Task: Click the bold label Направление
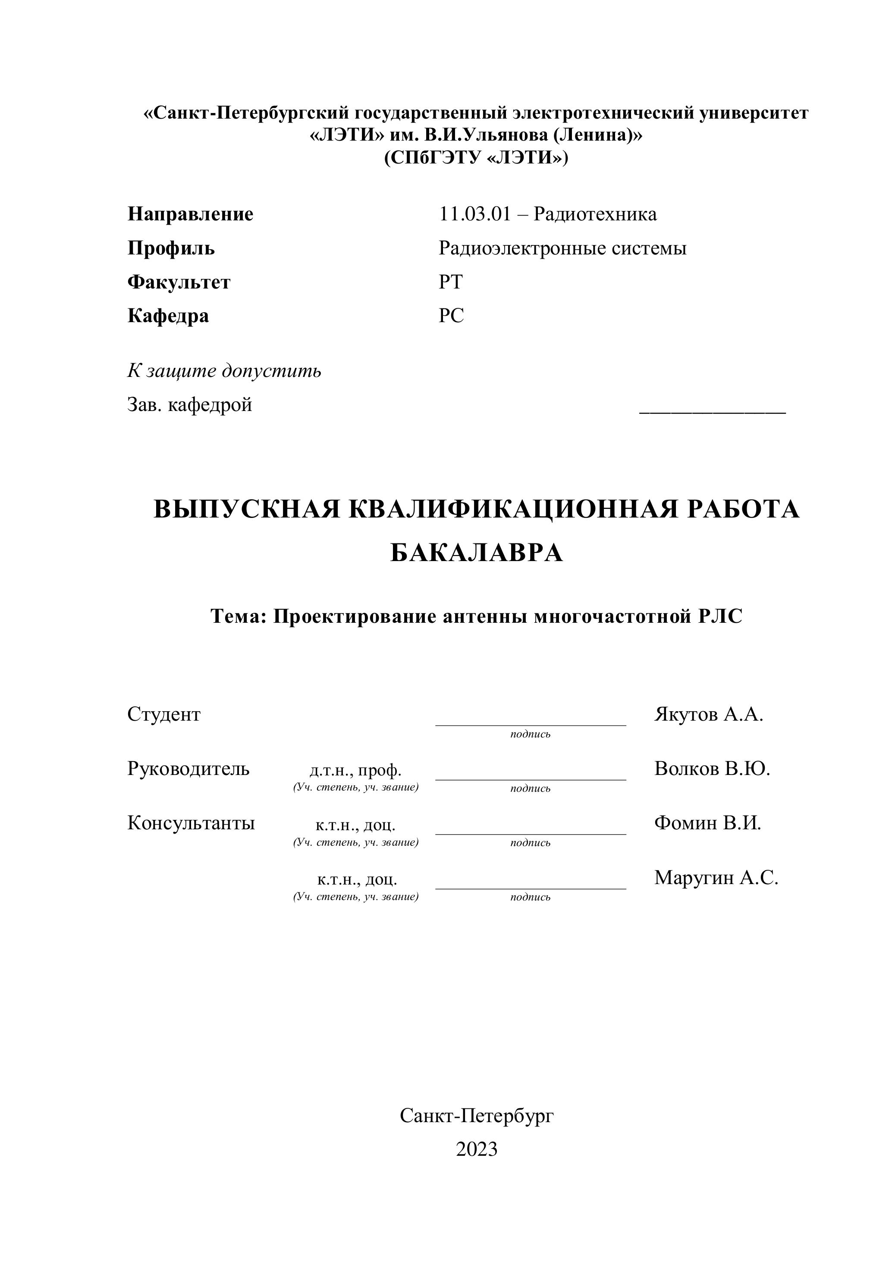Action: pos(190,214)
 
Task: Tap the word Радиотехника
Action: pos(595,214)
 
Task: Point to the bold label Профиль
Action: pos(171,248)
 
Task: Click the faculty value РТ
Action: pos(450,282)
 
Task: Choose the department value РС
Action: pos(451,316)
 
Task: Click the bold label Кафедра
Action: pos(168,316)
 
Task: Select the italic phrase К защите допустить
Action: pos(224,371)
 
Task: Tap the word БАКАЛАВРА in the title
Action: pos(476,552)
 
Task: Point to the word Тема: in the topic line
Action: pos(239,616)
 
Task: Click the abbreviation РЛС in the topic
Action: pos(720,616)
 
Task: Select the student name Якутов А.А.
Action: pos(709,715)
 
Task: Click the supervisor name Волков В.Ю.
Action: pos(712,769)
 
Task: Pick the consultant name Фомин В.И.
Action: pos(707,823)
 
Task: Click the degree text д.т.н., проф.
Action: pos(355,770)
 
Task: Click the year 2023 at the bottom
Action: pos(476,1149)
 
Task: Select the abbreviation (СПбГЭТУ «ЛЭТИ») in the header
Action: pos(476,158)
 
